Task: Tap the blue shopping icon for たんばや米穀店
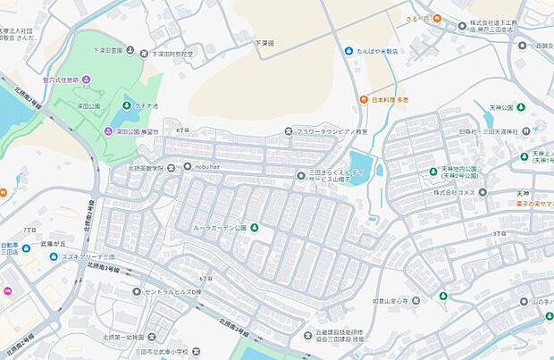(x=348, y=51)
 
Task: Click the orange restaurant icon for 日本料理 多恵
(x=364, y=99)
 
